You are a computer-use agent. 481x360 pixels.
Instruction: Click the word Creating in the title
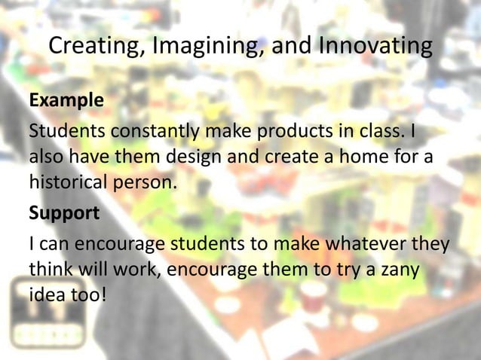(97, 47)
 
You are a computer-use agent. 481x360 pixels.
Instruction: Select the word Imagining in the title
(203, 47)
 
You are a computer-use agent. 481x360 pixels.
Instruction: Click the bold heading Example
(66, 100)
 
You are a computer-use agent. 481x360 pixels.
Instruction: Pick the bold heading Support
(64, 213)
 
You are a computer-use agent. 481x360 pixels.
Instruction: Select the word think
(50, 271)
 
